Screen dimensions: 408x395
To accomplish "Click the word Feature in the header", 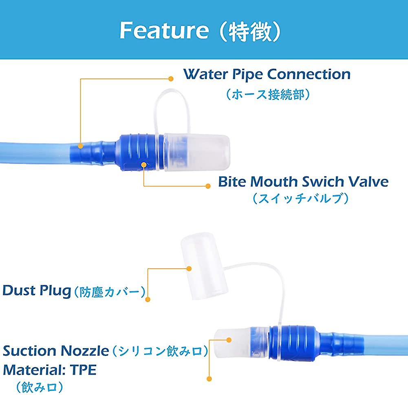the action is point(164,30).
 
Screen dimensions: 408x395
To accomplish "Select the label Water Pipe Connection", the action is point(267,74).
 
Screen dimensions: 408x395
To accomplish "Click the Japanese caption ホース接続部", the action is point(268,94).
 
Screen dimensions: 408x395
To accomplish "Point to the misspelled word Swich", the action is point(323,182).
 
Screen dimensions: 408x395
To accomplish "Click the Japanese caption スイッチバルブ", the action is point(300,199).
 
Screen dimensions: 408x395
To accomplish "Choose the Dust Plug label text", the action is point(37,291).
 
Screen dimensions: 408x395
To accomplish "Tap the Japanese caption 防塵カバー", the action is point(110,292).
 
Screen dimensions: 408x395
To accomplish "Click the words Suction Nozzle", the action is point(56,351).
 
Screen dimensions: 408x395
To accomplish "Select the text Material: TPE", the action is point(50,370).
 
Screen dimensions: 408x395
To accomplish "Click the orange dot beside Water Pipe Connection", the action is point(171,79).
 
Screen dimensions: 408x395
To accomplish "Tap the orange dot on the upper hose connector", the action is point(81,146).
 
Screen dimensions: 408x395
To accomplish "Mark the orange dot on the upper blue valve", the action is point(143,164).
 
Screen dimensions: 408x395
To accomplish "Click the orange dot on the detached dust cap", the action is point(189,269).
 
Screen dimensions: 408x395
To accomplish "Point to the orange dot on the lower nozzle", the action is point(229,340).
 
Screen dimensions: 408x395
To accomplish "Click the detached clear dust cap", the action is point(205,266).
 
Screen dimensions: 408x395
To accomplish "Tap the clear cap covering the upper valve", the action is point(197,153).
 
